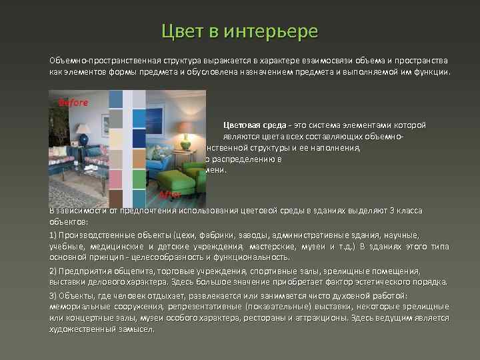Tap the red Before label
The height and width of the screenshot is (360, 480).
pyautogui.click(x=73, y=103)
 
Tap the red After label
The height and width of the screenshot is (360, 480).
pyautogui.click(x=170, y=195)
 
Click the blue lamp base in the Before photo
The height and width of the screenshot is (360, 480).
pyautogui.click(x=85, y=141)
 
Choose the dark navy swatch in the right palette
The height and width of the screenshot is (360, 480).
pyautogui.click(x=139, y=138)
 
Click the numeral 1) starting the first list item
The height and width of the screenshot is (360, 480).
pyautogui.click(x=53, y=235)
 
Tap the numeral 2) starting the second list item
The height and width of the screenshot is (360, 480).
pyautogui.click(x=53, y=271)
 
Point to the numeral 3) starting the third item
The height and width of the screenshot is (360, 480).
pyautogui.click(x=53, y=295)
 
